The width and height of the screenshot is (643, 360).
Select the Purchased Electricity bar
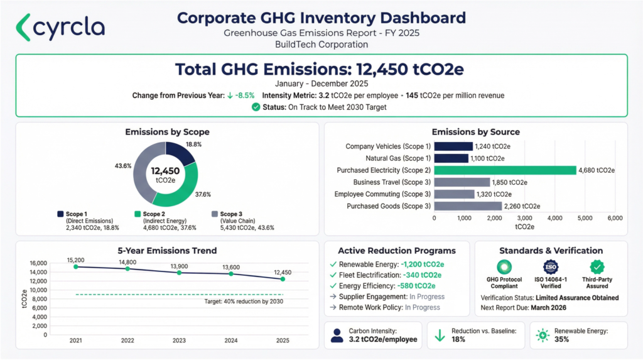(x=505, y=170)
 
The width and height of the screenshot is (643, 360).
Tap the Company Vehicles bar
(x=453, y=146)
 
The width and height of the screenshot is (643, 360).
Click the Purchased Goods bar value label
(x=522, y=206)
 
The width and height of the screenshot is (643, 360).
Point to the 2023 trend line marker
(x=180, y=273)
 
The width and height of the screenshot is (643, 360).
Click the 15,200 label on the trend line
(x=77, y=259)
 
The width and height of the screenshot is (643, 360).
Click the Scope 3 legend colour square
(x=215, y=214)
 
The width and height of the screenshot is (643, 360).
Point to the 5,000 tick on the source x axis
(x=585, y=218)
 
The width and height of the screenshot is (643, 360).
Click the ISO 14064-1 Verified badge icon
(x=551, y=267)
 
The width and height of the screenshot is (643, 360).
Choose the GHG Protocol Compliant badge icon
(x=504, y=267)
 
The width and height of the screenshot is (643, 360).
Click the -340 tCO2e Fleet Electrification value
(x=421, y=275)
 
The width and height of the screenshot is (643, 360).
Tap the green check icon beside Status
(x=256, y=107)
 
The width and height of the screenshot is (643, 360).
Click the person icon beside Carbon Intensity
(x=337, y=334)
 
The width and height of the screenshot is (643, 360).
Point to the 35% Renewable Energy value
(x=561, y=339)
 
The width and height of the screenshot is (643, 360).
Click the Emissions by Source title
(x=475, y=132)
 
